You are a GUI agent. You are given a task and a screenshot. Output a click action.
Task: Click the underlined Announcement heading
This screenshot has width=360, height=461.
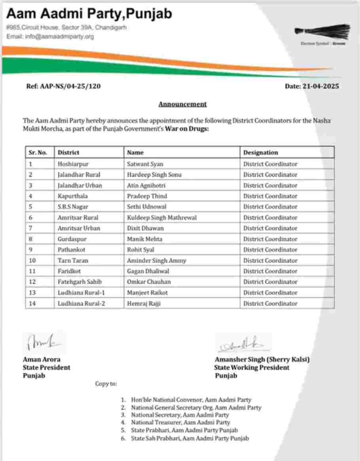[x=182, y=104]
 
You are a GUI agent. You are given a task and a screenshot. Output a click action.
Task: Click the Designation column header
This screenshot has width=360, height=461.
[x=260, y=152]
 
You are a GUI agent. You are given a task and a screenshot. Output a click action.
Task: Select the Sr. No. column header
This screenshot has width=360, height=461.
[x=38, y=152]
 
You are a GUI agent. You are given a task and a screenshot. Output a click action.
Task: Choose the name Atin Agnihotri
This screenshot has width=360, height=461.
[x=146, y=185]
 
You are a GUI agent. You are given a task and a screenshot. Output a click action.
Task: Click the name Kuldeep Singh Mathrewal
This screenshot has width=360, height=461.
[x=162, y=218]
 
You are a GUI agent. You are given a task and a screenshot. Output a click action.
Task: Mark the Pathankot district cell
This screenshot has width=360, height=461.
[x=72, y=250]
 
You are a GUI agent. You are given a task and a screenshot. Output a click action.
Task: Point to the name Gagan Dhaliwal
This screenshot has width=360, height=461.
[x=148, y=271]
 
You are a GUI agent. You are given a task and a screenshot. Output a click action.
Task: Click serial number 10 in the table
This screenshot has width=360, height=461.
[x=32, y=260]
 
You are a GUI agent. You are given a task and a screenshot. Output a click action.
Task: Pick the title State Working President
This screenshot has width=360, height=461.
[x=252, y=368]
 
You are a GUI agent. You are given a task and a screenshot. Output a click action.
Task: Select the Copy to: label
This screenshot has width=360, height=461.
[x=106, y=384]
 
